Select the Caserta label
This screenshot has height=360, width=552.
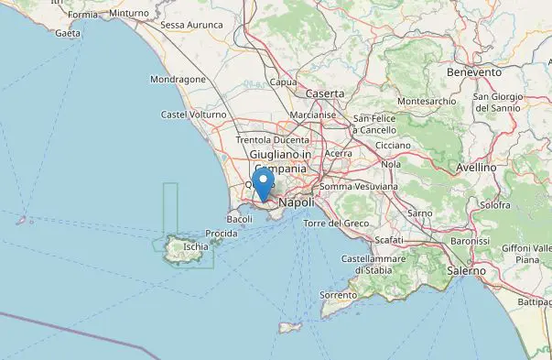tap(325, 93)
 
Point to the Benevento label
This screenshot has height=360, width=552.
tap(474, 71)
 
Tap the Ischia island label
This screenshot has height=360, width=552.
tap(195, 246)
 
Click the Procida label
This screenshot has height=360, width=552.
tap(222, 234)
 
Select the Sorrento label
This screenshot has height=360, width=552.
tap(338, 294)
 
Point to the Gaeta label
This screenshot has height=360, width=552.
tap(68, 33)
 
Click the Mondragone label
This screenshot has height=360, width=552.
tap(178, 80)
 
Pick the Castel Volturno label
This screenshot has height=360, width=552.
tap(193, 115)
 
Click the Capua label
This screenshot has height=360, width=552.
tap(284, 82)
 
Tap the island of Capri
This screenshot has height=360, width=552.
tap(291, 327)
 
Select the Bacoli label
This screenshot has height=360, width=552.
tap(239, 219)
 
